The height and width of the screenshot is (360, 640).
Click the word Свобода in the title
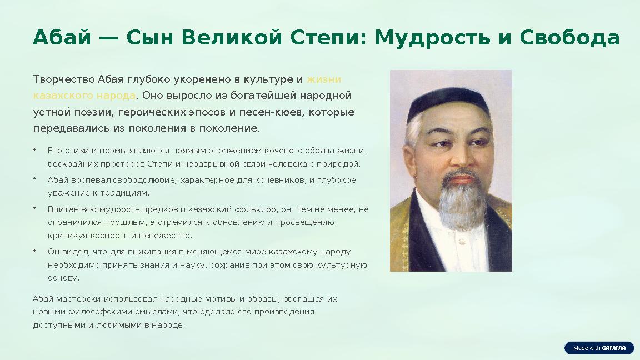[x=569, y=38]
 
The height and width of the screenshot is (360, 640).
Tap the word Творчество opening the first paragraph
[x=63, y=79]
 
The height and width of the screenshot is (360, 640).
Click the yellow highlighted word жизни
[x=324, y=79]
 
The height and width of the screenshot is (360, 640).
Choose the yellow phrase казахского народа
[x=84, y=96]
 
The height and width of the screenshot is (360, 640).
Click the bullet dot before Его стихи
[x=34, y=150]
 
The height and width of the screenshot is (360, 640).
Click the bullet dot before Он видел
[x=34, y=251]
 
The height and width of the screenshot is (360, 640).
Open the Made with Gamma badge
[x=599, y=348]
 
